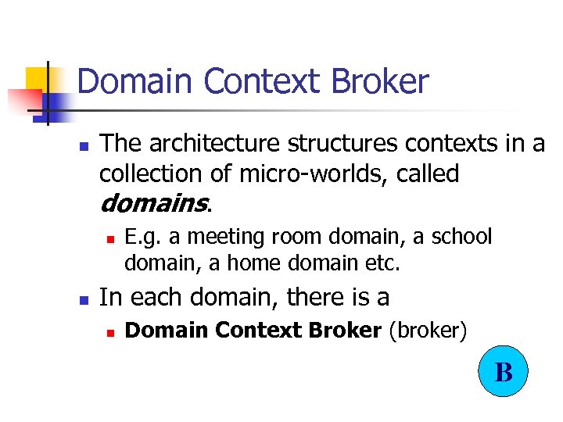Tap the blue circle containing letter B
pyautogui.click(x=504, y=371)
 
